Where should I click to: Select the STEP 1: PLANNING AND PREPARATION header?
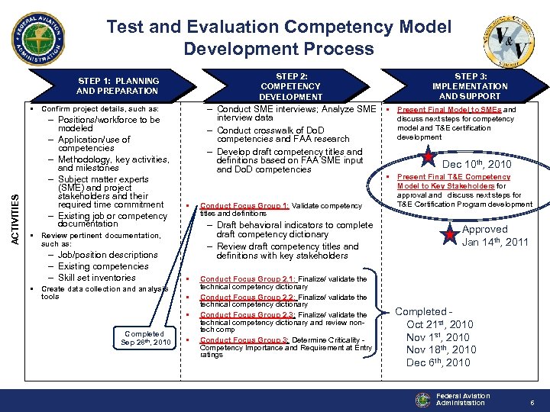coord(118,85)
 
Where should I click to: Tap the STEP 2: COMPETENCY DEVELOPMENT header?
coord(290,86)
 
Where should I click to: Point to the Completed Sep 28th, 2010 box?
coord(144,338)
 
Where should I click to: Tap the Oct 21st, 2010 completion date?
coord(439,324)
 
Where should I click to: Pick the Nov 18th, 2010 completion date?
coord(441,349)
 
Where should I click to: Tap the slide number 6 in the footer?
coord(531,402)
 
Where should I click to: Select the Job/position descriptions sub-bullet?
coord(108,255)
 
